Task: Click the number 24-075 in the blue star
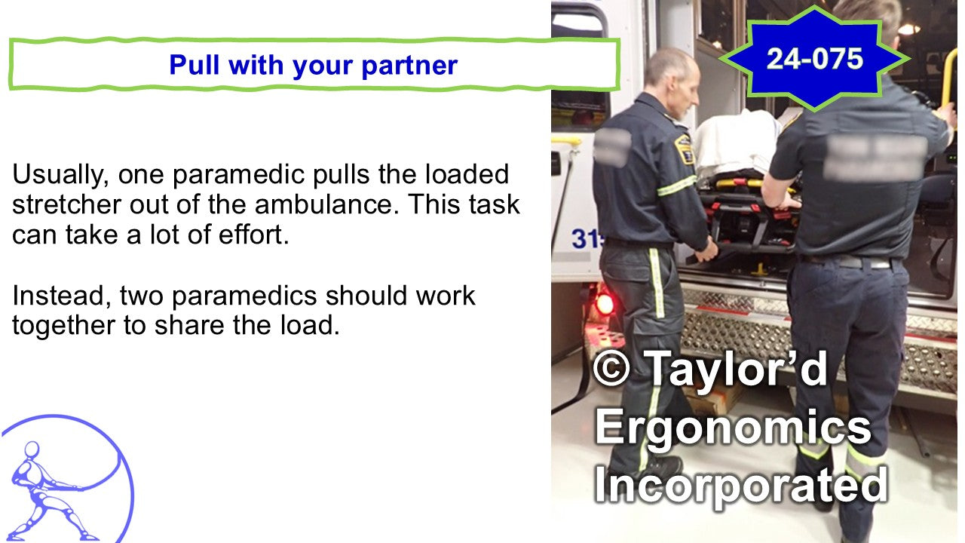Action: point(815,59)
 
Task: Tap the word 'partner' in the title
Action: point(409,65)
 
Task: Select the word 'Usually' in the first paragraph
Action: point(60,175)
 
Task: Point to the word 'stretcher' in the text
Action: point(66,204)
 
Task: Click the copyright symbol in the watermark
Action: point(611,368)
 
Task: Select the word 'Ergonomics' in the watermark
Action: point(732,428)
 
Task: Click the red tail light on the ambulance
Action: point(605,304)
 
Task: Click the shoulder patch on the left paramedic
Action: point(683,149)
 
